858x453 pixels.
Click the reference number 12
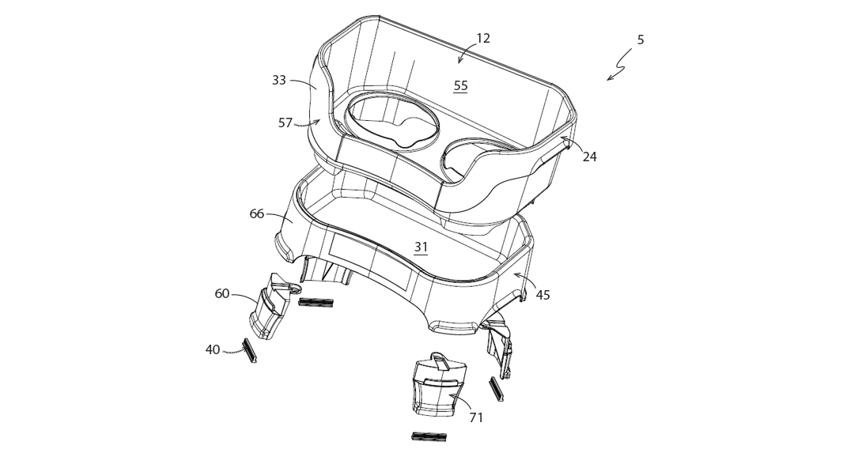(x=483, y=39)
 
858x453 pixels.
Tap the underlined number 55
(x=460, y=86)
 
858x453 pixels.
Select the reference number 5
(x=641, y=40)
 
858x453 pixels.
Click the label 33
(x=279, y=80)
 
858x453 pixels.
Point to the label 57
(x=285, y=123)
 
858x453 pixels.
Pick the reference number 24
(x=590, y=157)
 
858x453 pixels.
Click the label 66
(x=257, y=213)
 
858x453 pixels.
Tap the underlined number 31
(x=421, y=247)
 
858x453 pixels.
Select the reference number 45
(x=542, y=295)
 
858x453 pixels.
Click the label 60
(x=222, y=294)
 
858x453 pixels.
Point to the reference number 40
(x=213, y=349)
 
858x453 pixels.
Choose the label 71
(x=476, y=417)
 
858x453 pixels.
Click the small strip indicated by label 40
(x=251, y=350)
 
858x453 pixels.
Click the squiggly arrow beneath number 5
(x=621, y=66)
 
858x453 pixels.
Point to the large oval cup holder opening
(x=393, y=121)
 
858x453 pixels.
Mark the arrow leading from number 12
(x=464, y=54)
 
